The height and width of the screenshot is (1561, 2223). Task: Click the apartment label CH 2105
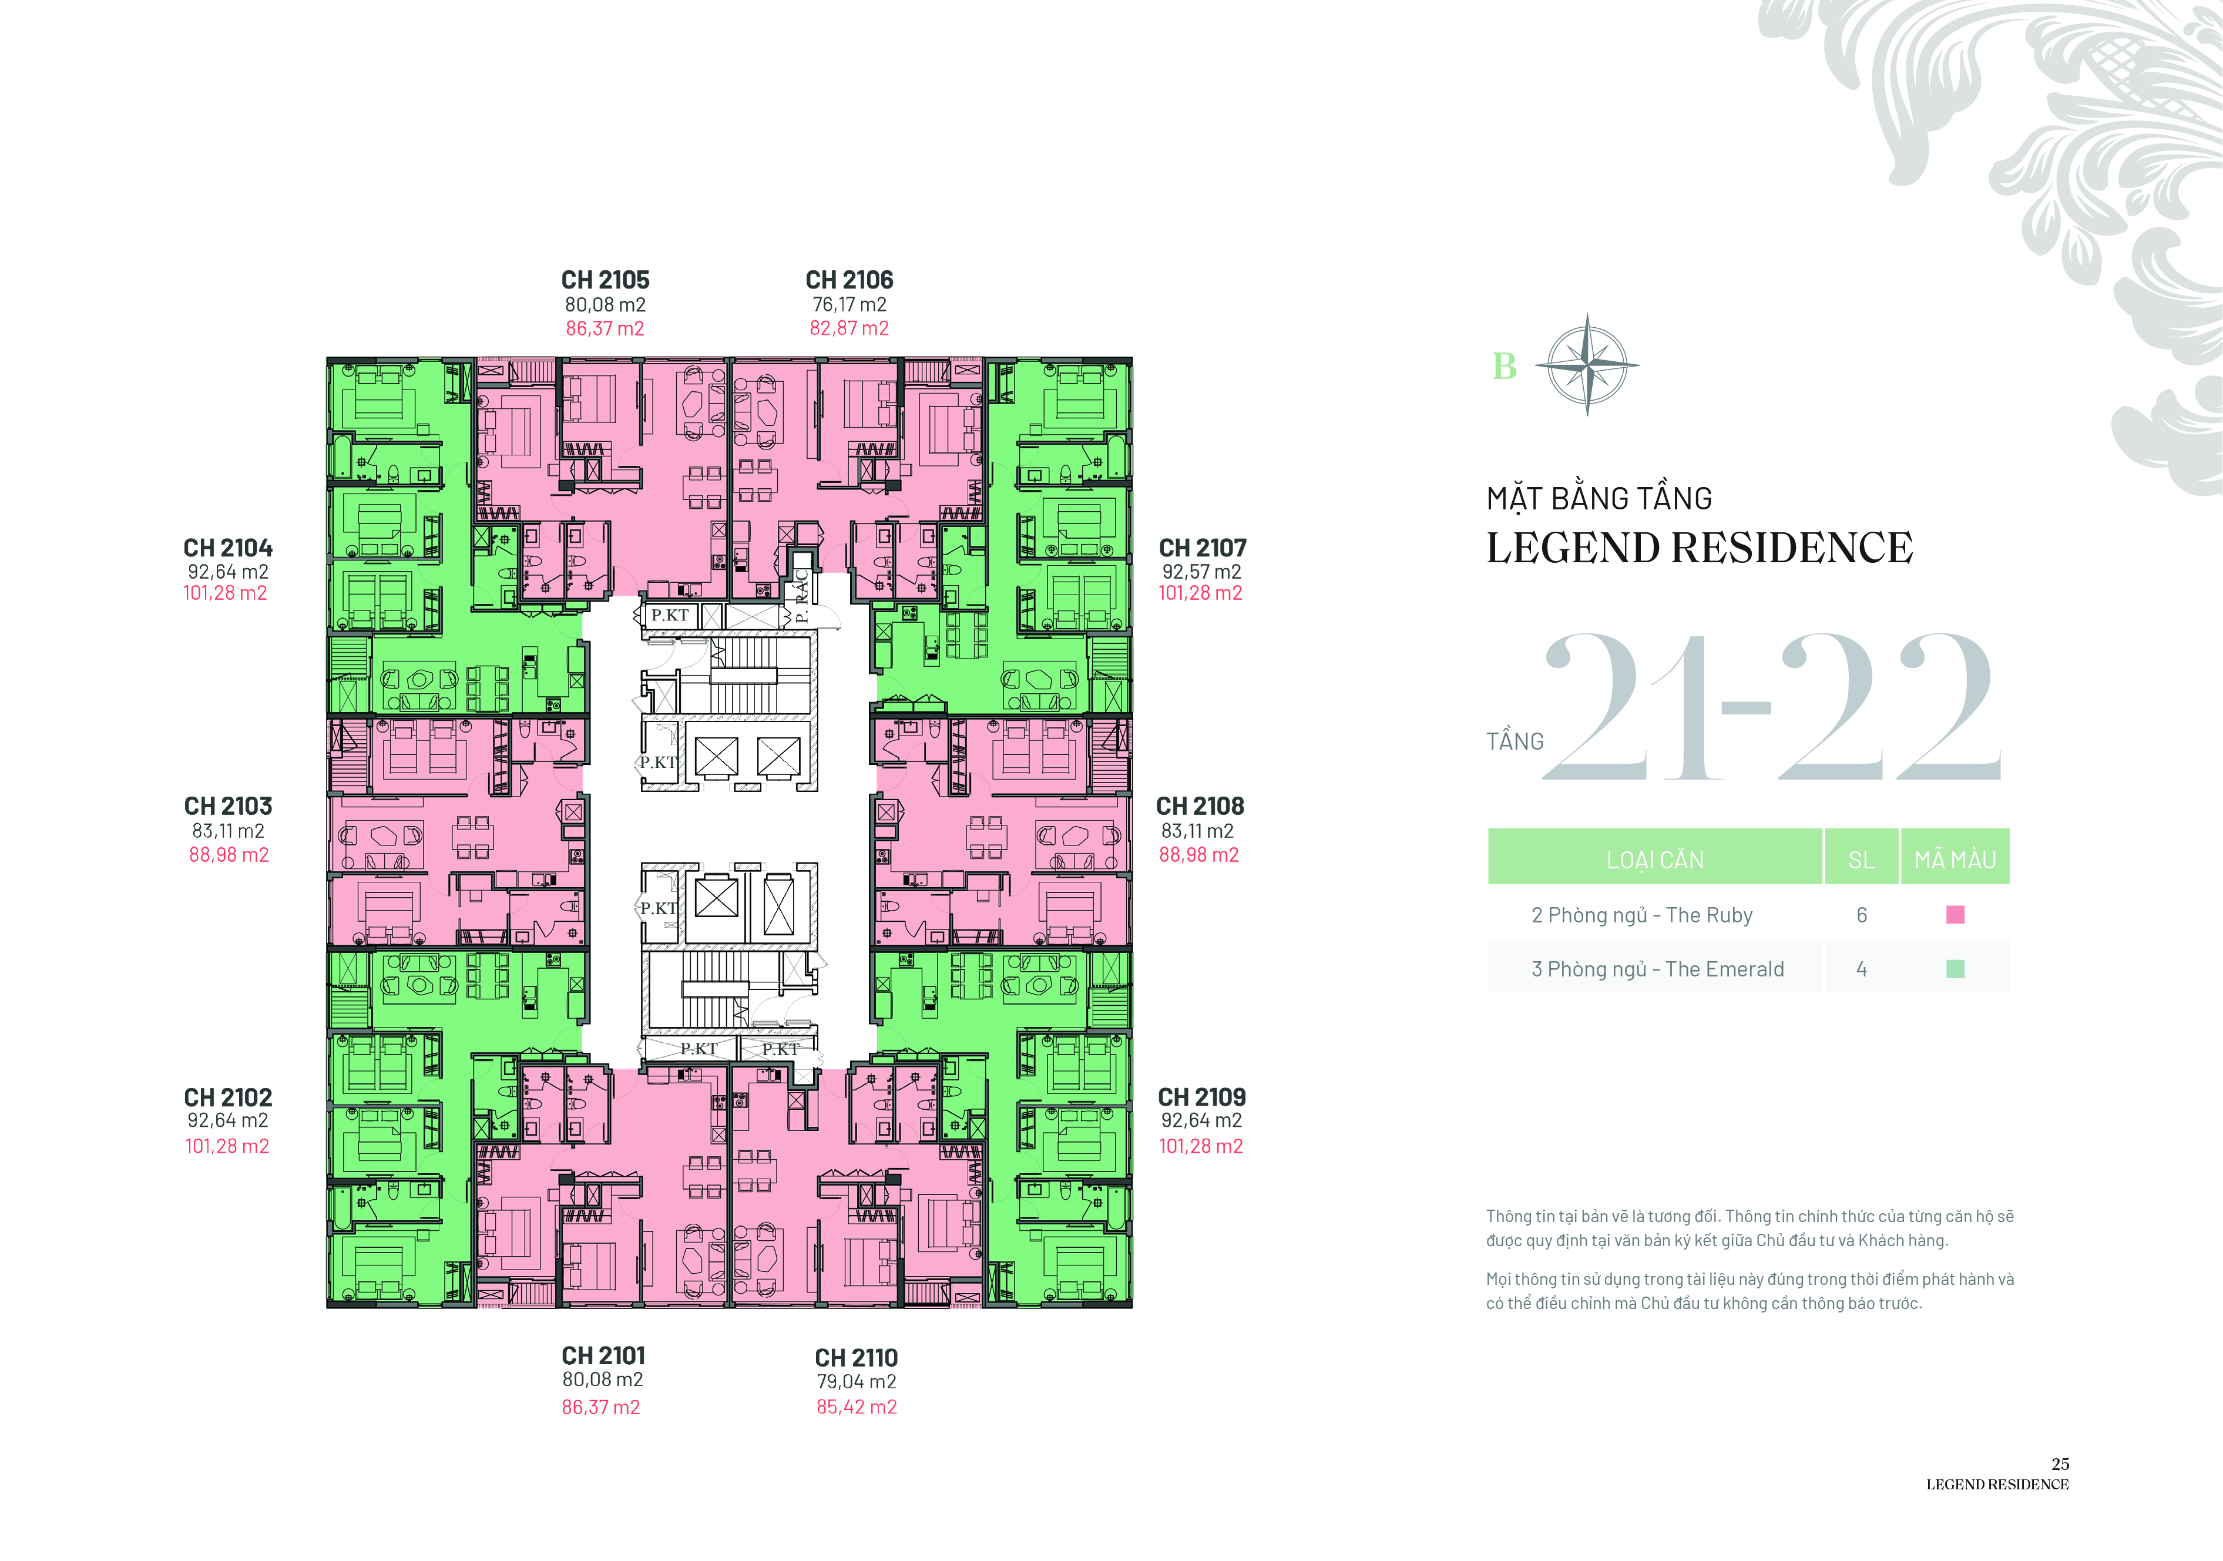(605, 280)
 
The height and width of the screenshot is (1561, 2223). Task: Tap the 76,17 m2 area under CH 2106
(849, 304)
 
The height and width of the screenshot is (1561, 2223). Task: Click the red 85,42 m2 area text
(857, 1407)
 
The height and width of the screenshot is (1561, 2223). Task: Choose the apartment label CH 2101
(603, 1356)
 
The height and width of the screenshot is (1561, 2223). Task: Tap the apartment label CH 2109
(1201, 1097)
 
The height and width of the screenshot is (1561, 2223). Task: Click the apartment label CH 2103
(229, 805)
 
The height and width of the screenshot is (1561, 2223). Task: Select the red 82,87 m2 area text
(849, 328)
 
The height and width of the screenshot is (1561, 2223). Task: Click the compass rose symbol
(1587, 365)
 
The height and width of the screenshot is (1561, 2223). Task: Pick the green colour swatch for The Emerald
(1955, 968)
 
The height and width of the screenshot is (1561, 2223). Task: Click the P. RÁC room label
(802, 596)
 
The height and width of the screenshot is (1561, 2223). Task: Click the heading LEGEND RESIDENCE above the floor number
(1699, 548)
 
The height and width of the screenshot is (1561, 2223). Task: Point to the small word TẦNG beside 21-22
(1515, 742)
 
